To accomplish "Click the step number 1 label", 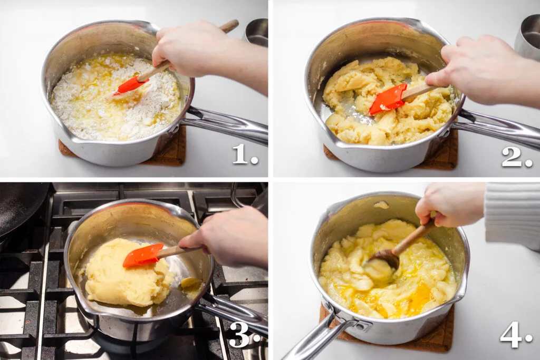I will pyautogui.click(x=244, y=154).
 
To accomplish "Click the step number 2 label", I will pyautogui.click(x=516, y=157).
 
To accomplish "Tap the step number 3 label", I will pyautogui.click(x=243, y=334).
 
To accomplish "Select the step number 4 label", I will pyautogui.click(x=514, y=335).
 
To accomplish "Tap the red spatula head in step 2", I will pyautogui.click(x=388, y=99).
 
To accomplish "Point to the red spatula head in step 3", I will pyautogui.click(x=143, y=255).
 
